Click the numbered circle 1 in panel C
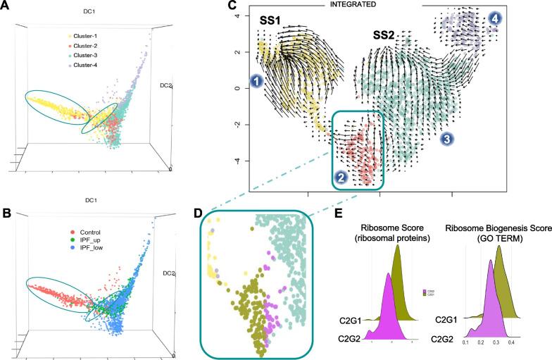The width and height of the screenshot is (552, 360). pyautogui.click(x=257, y=82)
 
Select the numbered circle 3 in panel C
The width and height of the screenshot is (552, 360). pyautogui.click(x=446, y=139)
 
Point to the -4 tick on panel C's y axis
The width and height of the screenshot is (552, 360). pyautogui.click(x=239, y=161)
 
